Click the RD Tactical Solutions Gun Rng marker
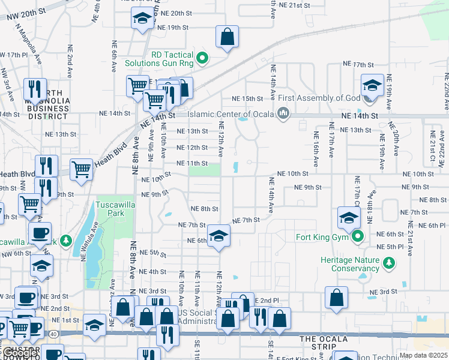pos(202,58)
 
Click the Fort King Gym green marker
pos(358,236)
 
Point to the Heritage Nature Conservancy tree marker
pos(390,262)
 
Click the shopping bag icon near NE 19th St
pos(228,37)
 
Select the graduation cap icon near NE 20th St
pos(142,19)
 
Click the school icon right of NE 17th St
pos(372,85)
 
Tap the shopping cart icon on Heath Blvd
pos(82,169)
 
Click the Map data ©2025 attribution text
pos(423,356)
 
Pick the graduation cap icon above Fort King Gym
pos(349,217)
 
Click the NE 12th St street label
pos(191,147)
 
